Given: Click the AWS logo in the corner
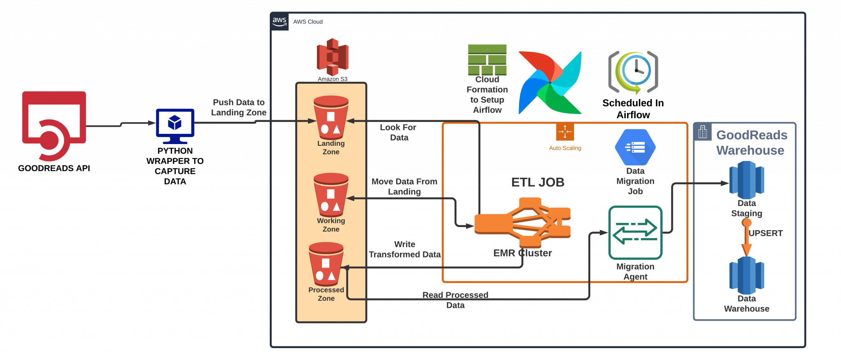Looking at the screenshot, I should (280, 21).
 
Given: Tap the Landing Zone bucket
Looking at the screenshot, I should (331, 118).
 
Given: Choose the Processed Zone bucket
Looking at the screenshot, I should (326, 264).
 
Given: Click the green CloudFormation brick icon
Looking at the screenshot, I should (487, 60).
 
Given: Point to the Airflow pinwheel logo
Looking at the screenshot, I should (550, 83).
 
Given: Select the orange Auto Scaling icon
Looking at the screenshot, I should (565, 132).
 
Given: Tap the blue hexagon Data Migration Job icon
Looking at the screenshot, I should (635, 147).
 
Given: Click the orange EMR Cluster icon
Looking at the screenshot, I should (522, 222).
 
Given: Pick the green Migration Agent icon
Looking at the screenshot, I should (635, 232).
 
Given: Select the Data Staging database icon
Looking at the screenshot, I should (747, 180).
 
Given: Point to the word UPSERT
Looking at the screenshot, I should (766, 233).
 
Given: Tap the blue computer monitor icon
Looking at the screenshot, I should (175, 124).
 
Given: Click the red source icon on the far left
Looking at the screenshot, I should (54, 125).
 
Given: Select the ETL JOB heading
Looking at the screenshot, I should (538, 182).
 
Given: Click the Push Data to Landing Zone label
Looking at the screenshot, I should (239, 107).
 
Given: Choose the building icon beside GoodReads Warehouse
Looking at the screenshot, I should (703, 132).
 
